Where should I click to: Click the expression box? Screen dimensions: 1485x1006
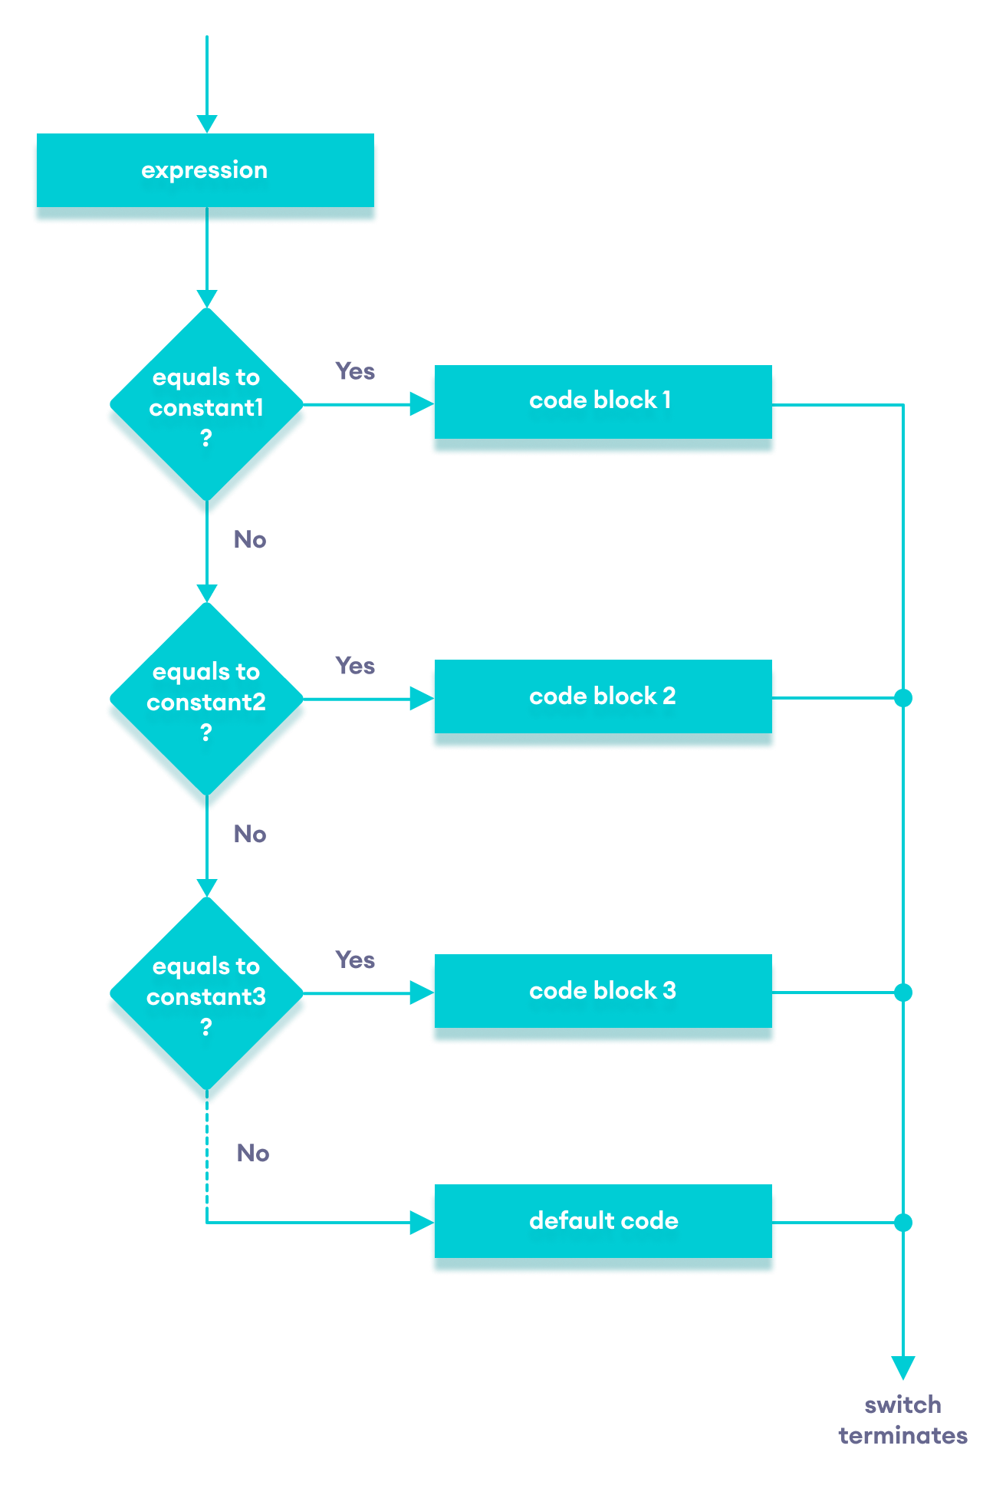[x=205, y=170]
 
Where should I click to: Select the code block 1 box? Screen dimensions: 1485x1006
[x=603, y=401]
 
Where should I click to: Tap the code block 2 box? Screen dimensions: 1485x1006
[x=603, y=696]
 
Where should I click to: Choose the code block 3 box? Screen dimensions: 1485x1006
[x=603, y=991]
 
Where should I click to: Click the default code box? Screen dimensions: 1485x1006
[x=603, y=1221]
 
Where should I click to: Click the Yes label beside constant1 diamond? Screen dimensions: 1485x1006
[x=355, y=371]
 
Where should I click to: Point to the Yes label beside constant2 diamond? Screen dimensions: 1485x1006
[x=355, y=666]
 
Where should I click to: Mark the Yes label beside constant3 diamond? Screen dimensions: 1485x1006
[x=355, y=960]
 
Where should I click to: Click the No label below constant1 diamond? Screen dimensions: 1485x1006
[x=250, y=540]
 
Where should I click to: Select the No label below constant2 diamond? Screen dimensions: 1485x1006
[x=250, y=835]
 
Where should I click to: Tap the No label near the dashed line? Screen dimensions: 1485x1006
[x=253, y=1153]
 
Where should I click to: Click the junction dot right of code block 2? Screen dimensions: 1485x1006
[x=903, y=698]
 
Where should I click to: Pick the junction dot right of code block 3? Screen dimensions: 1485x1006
[x=903, y=993]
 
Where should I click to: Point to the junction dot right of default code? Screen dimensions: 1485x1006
[x=903, y=1223]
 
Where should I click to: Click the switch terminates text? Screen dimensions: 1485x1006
[x=903, y=1421]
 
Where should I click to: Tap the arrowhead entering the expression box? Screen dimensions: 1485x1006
[x=207, y=124]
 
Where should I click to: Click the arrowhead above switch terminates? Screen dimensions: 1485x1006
[x=903, y=1368]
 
